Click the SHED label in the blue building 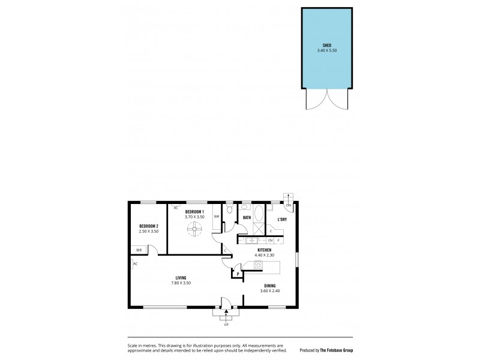[x=328, y=45]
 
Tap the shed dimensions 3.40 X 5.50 [x=328, y=50]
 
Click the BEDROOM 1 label [x=194, y=212]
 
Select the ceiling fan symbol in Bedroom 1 [x=194, y=228]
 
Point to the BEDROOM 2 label [x=148, y=226]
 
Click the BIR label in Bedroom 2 [x=139, y=250]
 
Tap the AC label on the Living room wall [x=136, y=264]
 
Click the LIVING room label [x=181, y=277]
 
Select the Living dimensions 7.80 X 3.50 [x=181, y=283]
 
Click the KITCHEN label [x=265, y=250]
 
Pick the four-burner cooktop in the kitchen [x=259, y=265]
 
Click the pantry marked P [x=238, y=275]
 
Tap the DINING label [x=269, y=286]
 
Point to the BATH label [x=247, y=218]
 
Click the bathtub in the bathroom [x=259, y=214]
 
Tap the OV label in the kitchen [x=271, y=240]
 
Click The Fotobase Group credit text [x=335, y=350]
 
